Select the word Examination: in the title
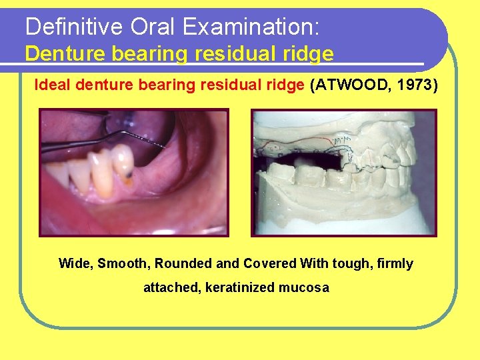point(253,27)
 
